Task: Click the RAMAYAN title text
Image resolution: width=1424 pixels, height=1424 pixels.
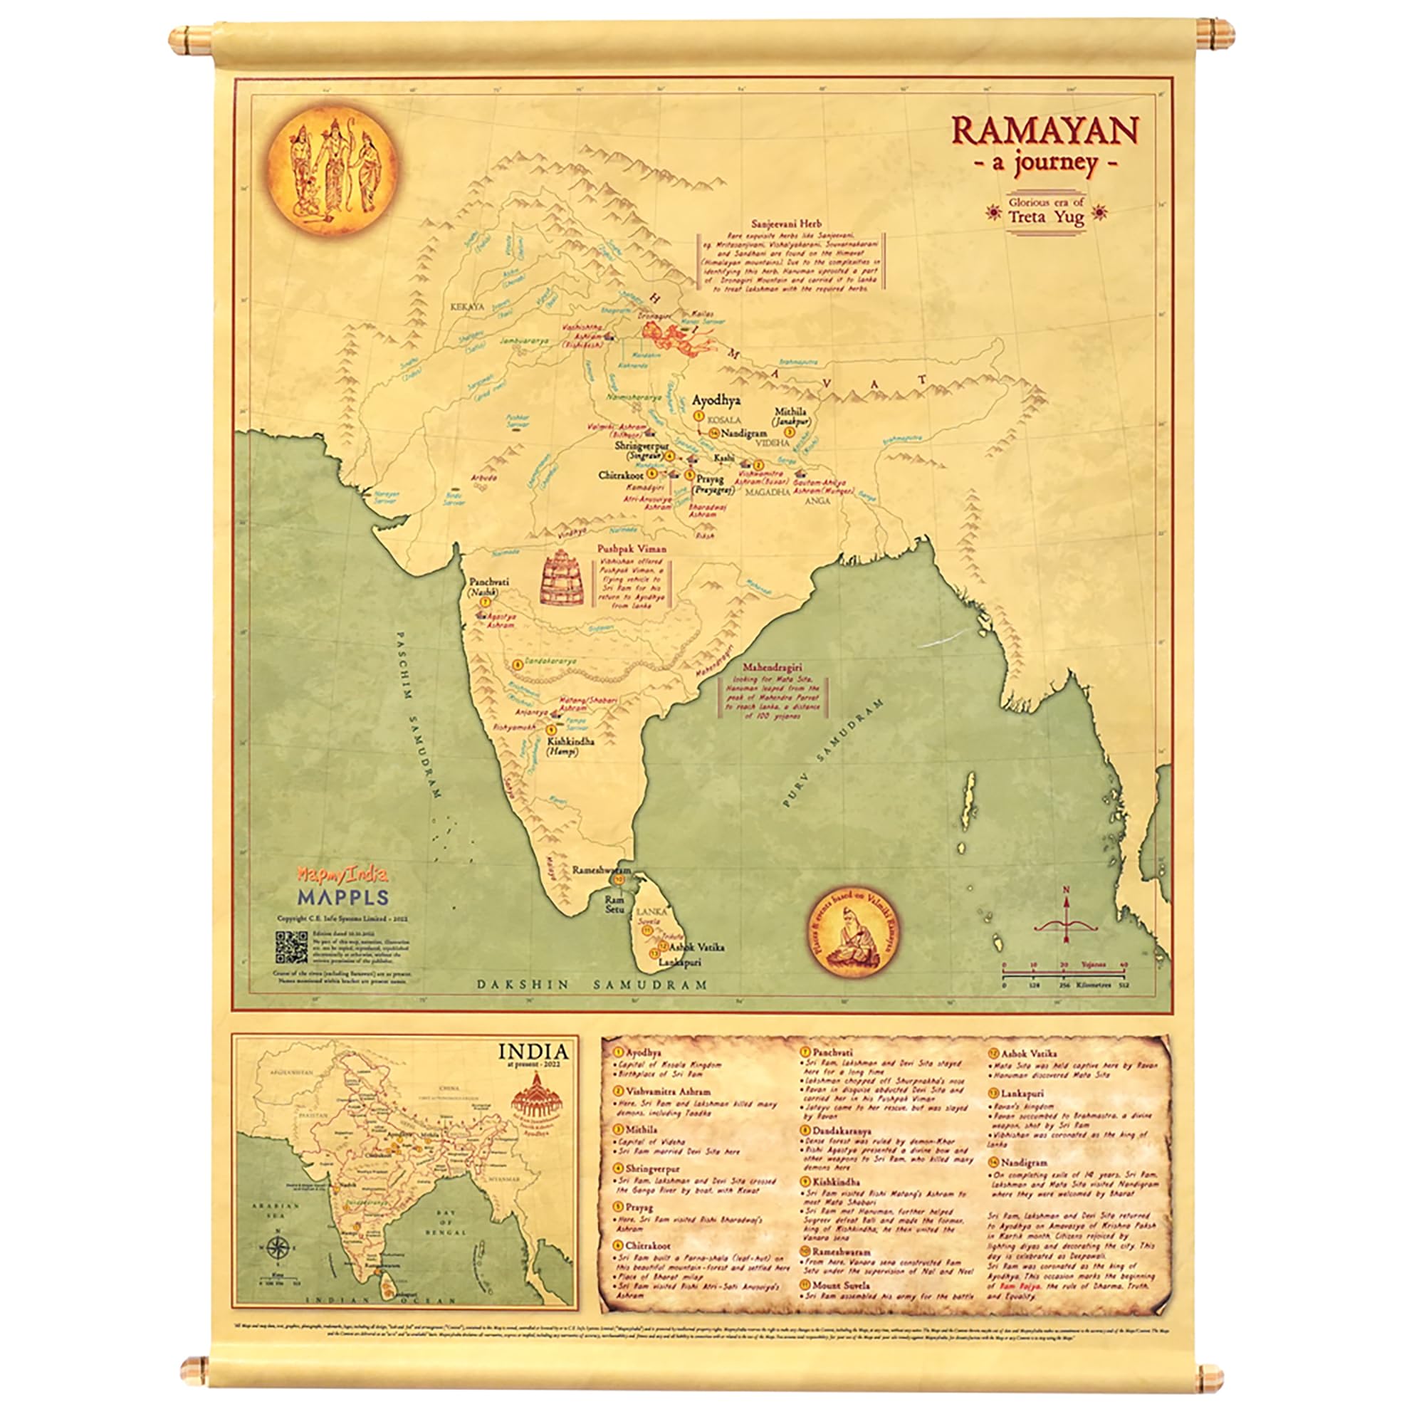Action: (1045, 131)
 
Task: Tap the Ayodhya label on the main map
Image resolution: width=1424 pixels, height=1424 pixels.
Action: (716, 400)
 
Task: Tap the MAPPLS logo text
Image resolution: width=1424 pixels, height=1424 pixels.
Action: (342, 897)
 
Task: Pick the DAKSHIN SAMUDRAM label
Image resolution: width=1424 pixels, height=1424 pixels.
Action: (591, 984)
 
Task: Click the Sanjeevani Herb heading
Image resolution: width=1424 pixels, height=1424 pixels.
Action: (786, 224)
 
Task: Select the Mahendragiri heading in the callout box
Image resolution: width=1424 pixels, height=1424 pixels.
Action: (773, 666)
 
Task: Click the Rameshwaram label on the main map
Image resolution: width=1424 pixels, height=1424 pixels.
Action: (602, 870)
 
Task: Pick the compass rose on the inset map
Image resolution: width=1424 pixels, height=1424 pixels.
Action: (278, 1248)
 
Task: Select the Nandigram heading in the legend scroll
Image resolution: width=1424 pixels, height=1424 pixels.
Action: (1023, 1163)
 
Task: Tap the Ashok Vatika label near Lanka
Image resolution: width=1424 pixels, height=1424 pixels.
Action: (696, 947)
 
